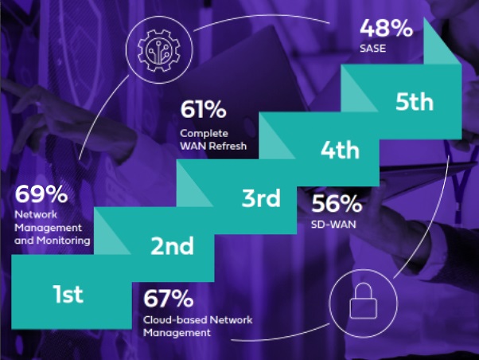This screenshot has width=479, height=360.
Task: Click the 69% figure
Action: [x=41, y=194]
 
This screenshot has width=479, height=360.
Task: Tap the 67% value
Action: [x=169, y=298]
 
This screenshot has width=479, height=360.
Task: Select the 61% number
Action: [x=203, y=109]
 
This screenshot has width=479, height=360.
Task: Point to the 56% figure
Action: [x=337, y=203]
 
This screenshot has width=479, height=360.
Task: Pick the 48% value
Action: [x=386, y=28]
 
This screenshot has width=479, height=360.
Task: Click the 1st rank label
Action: [x=68, y=294]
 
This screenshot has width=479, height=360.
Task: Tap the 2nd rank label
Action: [x=173, y=245]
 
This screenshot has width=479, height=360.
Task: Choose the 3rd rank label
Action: [x=261, y=198]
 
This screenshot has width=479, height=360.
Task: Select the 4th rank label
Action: [x=340, y=150]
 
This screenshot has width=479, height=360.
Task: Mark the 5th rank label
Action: [x=415, y=102]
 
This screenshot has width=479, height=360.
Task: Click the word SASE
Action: [x=372, y=49]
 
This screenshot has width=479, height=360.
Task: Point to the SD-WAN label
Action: [x=333, y=225]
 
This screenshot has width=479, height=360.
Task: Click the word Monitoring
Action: [x=63, y=241]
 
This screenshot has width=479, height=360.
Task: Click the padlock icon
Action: [x=363, y=301]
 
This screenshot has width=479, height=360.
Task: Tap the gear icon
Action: [x=159, y=50]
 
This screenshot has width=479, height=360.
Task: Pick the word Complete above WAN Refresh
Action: [x=204, y=134]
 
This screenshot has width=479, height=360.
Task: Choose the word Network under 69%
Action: [x=36, y=214]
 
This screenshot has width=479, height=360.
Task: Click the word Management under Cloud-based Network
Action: [x=177, y=333]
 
